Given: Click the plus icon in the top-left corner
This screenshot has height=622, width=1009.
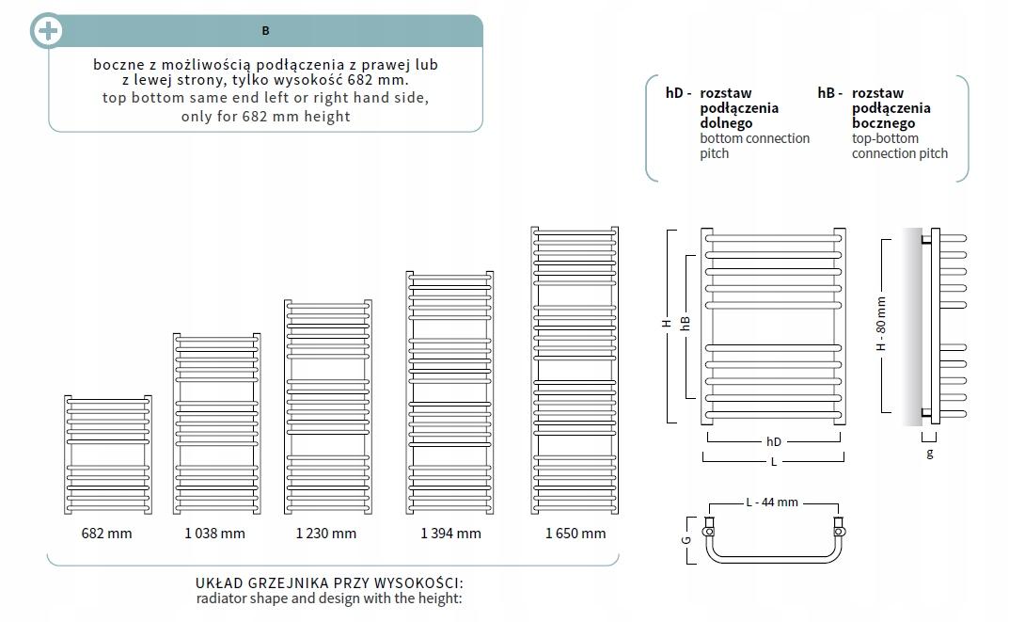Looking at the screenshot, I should tap(47, 31).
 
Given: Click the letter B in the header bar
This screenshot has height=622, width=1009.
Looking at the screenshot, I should tap(265, 31).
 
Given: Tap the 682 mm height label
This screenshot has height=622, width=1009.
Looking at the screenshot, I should tap(106, 534).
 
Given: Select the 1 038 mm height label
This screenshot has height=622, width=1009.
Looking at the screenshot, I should tap(214, 534).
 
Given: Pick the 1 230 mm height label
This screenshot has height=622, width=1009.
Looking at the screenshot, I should tap(325, 534).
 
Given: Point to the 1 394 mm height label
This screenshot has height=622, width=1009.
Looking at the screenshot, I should tap(449, 534).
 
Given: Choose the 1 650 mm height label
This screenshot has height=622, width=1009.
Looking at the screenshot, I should tap(575, 534).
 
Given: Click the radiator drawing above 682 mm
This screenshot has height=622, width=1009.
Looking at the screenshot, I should tap(107, 455).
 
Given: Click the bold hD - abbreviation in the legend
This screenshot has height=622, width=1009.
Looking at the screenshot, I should tap(678, 93).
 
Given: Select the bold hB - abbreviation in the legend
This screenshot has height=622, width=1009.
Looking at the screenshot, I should tap(829, 93).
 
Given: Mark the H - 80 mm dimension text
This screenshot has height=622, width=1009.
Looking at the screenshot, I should tap(881, 325).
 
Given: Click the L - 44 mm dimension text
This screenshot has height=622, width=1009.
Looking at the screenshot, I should tap(772, 502).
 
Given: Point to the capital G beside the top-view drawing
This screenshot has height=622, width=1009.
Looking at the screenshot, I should tap(686, 540).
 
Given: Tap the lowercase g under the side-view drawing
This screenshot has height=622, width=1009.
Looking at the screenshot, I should tap(930, 453).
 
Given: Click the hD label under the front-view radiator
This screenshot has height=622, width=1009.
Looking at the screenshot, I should tap(774, 441).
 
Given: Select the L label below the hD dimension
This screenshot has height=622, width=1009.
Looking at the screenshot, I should tap(774, 462).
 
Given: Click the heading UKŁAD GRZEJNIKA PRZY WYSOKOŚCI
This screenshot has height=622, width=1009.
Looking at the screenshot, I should tap(329, 583).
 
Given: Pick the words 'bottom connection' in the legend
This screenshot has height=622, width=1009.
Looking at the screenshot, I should tap(754, 138).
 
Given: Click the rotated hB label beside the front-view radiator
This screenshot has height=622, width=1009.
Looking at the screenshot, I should tap(686, 322).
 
